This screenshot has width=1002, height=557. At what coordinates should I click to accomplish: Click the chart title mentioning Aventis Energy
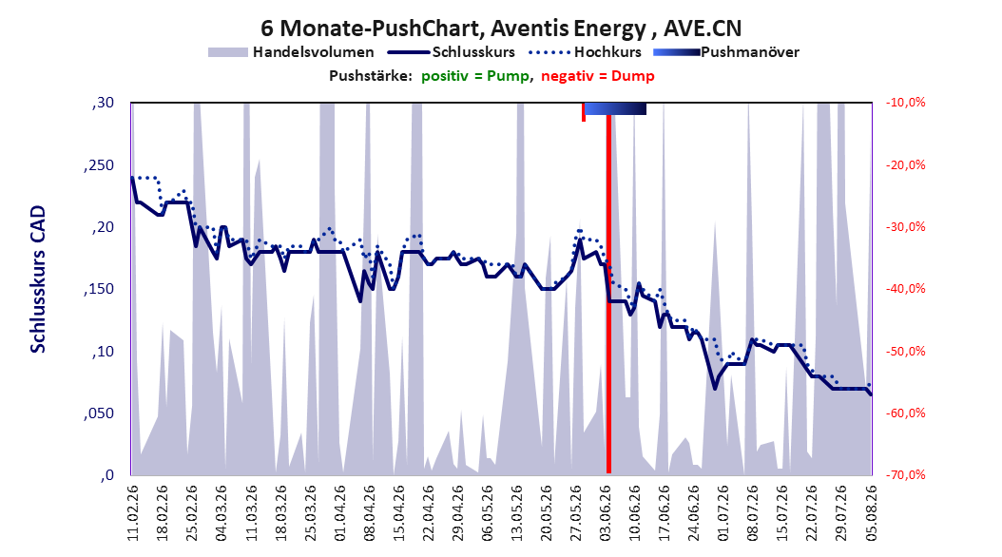point(501,29)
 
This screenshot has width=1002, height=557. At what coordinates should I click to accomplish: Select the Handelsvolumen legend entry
point(292,52)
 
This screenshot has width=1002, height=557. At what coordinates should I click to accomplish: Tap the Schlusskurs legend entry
point(452,52)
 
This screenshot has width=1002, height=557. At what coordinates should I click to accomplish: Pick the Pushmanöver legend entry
point(726,52)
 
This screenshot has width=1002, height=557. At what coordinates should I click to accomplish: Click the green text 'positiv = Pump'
point(474,76)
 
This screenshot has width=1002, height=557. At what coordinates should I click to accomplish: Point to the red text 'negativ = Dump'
point(598,76)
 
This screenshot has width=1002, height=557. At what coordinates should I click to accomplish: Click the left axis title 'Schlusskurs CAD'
point(38,279)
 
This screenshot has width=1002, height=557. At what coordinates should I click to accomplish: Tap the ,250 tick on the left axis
point(99,165)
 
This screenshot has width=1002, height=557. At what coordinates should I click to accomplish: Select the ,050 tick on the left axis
point(99,413)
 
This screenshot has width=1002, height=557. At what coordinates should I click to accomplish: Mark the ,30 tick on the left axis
point(103,103)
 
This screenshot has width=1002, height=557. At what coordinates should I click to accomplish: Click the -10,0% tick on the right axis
point(905,103)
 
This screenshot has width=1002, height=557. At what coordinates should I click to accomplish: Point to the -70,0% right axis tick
point(905,474)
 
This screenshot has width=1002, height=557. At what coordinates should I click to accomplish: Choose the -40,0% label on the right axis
point(905,289)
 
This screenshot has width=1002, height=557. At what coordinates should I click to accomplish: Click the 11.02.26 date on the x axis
point(132,513)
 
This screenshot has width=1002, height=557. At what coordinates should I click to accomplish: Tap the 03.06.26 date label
point(606,513)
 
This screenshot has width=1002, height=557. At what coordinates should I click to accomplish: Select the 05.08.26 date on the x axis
point(872,513)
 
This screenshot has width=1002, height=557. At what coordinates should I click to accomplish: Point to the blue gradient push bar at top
point(615,108)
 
